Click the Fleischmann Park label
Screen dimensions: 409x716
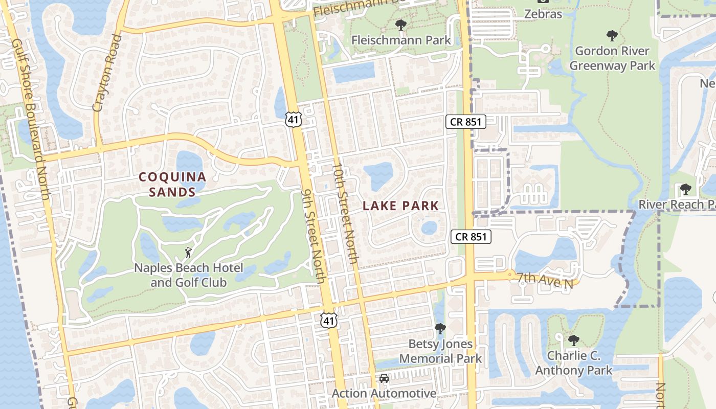pos(401,40)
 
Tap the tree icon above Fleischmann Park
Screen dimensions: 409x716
pos(401,25)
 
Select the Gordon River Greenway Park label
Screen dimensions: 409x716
pos(612,58)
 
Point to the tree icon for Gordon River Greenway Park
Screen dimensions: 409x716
pos(612,36)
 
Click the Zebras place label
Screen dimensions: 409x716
pos(543,14)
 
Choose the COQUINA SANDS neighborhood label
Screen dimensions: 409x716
pos(173,185)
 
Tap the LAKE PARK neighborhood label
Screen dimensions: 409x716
pos(400,206)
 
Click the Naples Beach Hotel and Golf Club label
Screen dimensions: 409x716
pos(188,275)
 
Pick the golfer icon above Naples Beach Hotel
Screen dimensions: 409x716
pos(188,253)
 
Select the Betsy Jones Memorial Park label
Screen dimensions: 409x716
pos(440,351)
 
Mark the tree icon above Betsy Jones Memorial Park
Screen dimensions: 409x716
pos(440,329)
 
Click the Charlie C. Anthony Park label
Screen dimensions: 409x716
pos(573,363)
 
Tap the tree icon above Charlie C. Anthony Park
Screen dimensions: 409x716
pos(573,340)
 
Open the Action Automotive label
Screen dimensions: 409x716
pos(384,393)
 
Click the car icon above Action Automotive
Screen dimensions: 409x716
pos(384,379)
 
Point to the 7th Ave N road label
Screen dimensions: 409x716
pos(544,280)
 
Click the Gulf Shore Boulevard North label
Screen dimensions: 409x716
pos(30,120)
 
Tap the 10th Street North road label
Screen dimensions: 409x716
pos(345,213)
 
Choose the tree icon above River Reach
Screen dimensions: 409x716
pos(686,190)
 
